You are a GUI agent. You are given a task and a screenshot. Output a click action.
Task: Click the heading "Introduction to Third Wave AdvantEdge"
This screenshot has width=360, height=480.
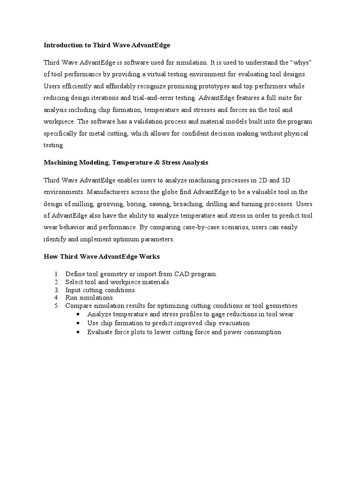[x=107, y=45]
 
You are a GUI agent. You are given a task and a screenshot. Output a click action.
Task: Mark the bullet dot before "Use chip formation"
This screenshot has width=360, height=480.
[x=78, y=323]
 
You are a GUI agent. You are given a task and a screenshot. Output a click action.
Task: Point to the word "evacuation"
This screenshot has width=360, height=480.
[x=232, y=323]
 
